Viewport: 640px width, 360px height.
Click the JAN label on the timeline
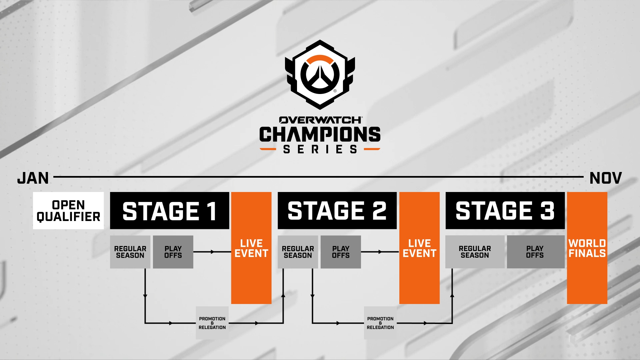[x=33, y=178]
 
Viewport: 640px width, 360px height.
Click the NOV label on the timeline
[x=605, y=178]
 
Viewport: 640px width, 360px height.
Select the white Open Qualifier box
[x=68, y=211]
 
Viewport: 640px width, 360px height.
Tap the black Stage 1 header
[x=169, y=211]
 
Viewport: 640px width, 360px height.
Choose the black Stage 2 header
[x=337, y=211]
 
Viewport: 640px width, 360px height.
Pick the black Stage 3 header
[x=505, y=211]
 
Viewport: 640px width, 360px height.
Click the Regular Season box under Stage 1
[x=130, y=252]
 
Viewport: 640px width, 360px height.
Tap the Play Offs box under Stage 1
[x=173, y=252]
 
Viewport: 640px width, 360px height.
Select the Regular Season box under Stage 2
[x=298, y=252]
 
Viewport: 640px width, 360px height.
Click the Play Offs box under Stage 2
[x=341, y=252]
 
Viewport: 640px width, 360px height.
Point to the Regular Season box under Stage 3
[x=475, y=252]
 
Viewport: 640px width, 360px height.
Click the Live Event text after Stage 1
[x=251, y=248]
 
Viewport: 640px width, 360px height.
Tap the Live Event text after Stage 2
[x=419, y=248]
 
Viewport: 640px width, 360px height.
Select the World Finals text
[x=587, y=248]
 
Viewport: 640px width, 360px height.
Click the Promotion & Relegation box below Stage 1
[x=212, y=323]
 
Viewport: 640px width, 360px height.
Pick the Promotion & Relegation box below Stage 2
[x=380, y=323]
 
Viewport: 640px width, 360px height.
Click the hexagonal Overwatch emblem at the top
[x=320, y=75]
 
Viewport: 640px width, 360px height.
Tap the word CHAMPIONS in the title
[x=320, y=134]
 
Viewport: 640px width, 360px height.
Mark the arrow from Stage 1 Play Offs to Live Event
[x=212, y=252]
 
